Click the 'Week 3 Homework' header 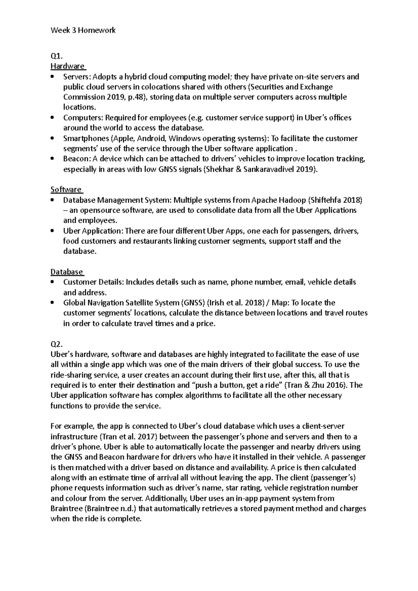coord(83,30)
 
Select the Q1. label coord(56,56)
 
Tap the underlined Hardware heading coord(68,66)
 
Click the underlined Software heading coord(66,190)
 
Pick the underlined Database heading coord(67,272)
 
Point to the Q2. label coord(57,344)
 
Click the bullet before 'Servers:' coord(53,77)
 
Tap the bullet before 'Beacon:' coord(53,159)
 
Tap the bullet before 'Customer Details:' coord(53,282)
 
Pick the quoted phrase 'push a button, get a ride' coord(237,385)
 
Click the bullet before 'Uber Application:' coord(53,231)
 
